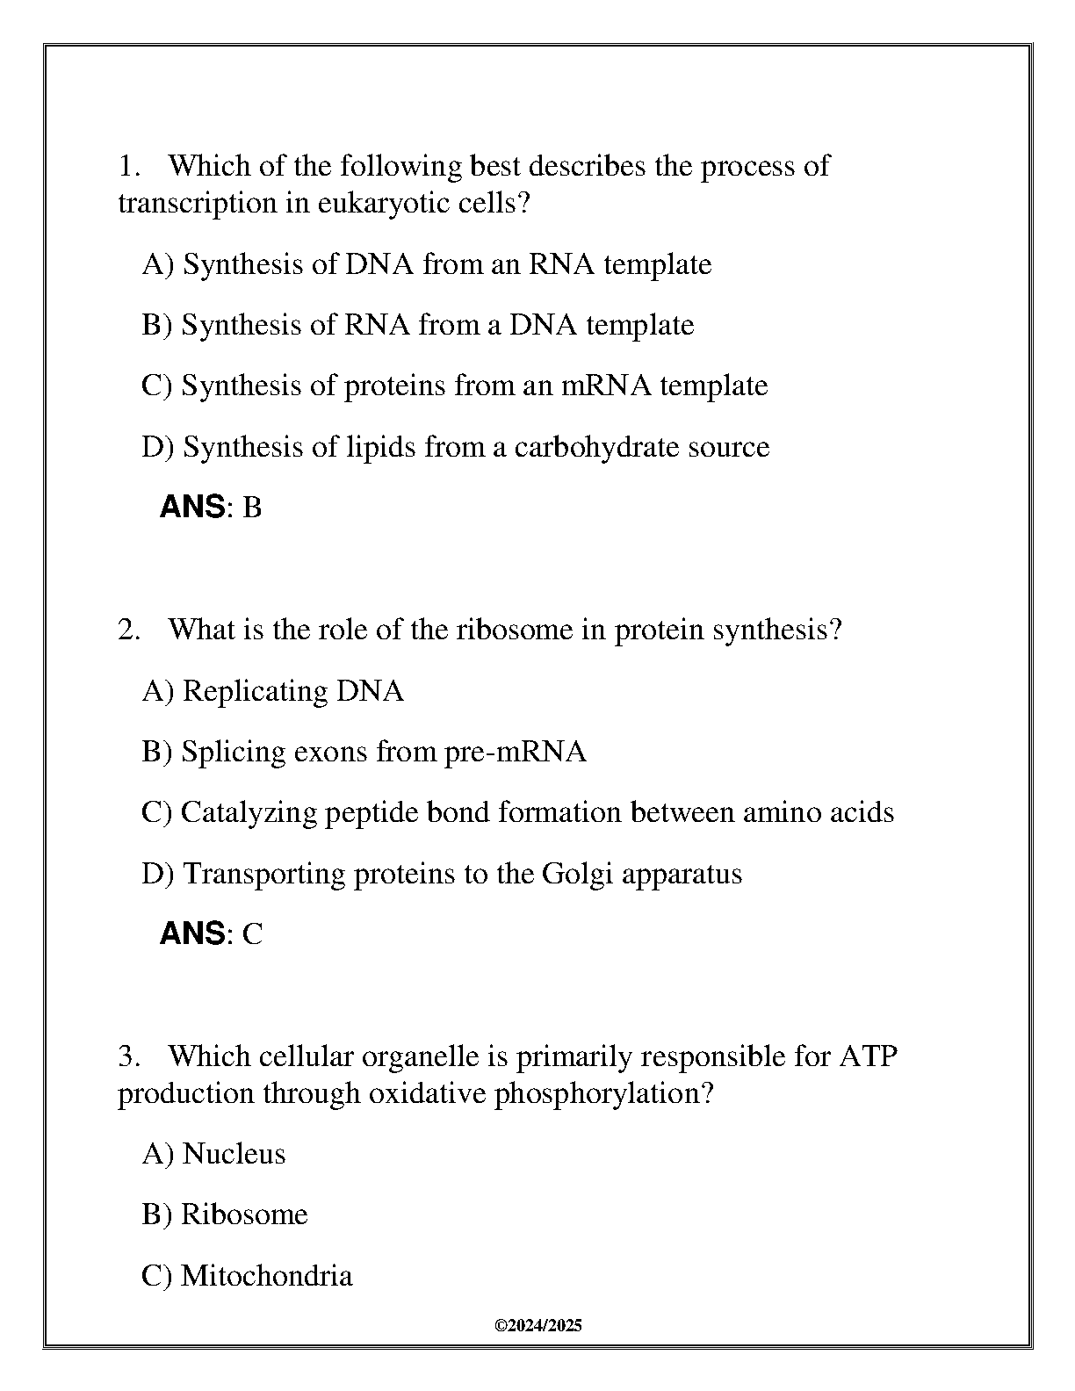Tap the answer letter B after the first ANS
pyautogui.click(x=251, y=508)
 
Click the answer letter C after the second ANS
pyautogui.click(x=252, y=933)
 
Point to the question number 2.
pyautogui.click(x=128, y=630)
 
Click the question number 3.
pyautogui.click(x=128, y=1056)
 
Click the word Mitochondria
pyautogui.click(x=266, y=1275)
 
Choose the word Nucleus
pyautogui.click(x=234, y=1153)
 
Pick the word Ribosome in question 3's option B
pyautogui.click(x=244, y=1214)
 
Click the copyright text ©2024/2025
pyautogui.click(x=538, y=1326)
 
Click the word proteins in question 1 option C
pyautogui.click(x=394, y=386)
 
